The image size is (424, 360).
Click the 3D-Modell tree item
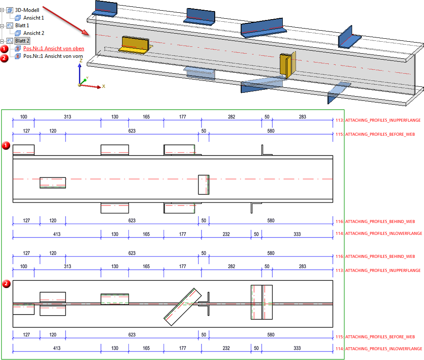pyautogui.click(x=27, y=10)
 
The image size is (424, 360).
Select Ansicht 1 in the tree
pyautogui.click(x=34, y=18)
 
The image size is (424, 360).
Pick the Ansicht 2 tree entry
pyautogui.click(x=34, y=33)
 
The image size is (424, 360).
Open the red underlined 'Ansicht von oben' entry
pyautogui.click(x=54, y=49)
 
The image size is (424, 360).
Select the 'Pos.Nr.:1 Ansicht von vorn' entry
pyautogui.click(x=53, y=56)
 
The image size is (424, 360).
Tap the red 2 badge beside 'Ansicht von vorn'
pyautogui.click(x=5, y=58)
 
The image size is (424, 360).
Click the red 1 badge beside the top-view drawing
pyautogui.click(x=6, y=146)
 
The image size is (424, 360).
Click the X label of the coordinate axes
pyautogui.click(x=103, y=86)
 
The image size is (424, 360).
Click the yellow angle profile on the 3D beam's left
pyautogui.click(x=135, y=44)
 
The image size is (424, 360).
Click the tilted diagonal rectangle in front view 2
pyautogui.click(x=183, y=307)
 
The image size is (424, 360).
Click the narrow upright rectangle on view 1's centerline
pyautogui.click(x=204, y=185)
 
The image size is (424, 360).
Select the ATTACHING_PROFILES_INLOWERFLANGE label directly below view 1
pyautogui.click(x=383, y=233)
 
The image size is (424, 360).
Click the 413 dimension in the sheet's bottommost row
pyautogui.click(x=57, y=348)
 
